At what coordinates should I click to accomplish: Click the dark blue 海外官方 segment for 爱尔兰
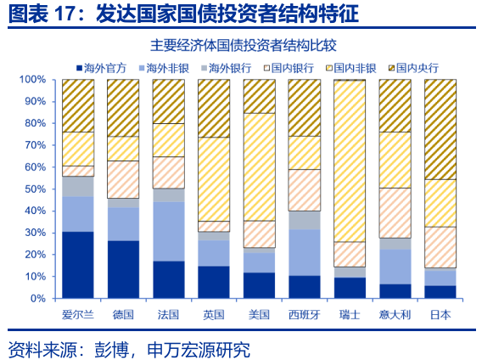tap(78, 264)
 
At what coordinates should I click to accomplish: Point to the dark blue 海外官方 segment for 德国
tap(123, 269)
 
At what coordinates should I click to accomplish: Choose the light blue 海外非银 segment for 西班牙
tap(305, 252)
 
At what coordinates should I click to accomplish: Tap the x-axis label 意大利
tap(395, 315)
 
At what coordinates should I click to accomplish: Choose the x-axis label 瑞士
tap(350, 315)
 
